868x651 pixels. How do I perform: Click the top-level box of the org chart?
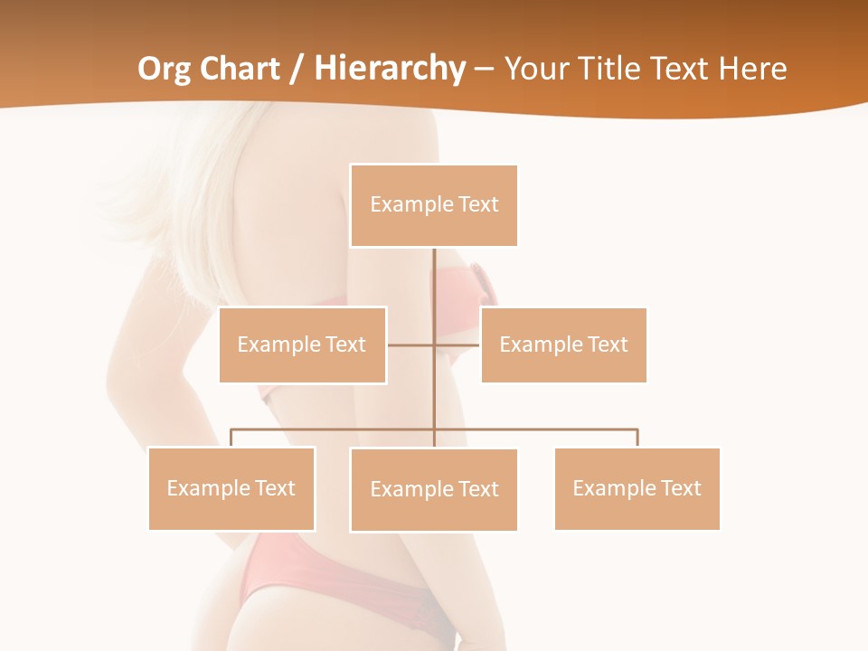click(434, 205)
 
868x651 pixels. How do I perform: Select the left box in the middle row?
click(302, 344)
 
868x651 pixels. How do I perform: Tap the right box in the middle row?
click(563, 344)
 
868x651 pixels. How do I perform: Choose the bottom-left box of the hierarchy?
click(231, 488)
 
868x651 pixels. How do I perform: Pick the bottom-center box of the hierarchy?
click(434, 489)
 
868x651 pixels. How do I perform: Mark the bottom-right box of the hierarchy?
click(637, 488)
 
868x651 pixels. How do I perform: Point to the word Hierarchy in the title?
click(390, 69)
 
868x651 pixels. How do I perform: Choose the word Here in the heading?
click(752, 69)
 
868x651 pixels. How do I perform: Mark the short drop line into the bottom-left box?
click(231, 438)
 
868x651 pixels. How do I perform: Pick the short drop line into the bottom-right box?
click(637, 438)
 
